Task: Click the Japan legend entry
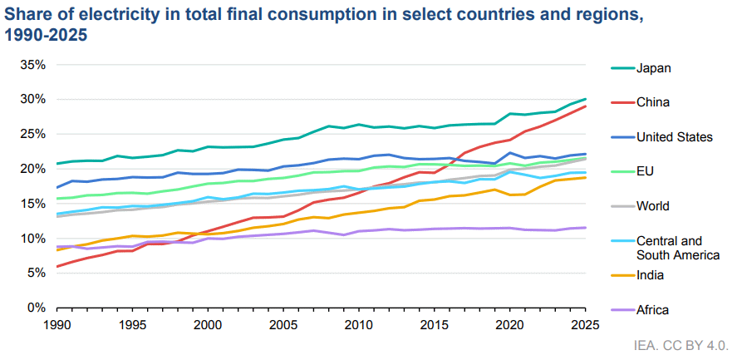pos(653,68)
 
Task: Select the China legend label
pos(653,102)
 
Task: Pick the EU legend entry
pos(645,171)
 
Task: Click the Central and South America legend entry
pos(677,248)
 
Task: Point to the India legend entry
pos(651,275)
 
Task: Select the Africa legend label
pos(652,310)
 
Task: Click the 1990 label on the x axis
pos(57,325)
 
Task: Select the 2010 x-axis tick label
pos(358,325)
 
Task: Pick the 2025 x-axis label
pos(585,325)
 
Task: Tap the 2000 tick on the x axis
pos(208,325)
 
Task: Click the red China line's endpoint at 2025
pos(585,106)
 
